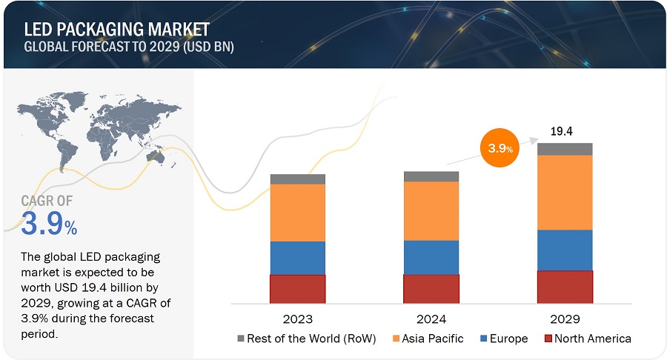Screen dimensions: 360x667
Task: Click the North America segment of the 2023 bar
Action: (x=297, y=288)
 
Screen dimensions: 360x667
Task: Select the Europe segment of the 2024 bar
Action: (x=431, y=257)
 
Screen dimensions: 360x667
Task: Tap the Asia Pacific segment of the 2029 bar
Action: (x=565, y=192)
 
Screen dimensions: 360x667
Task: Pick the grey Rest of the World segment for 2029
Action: (x=565, y=149)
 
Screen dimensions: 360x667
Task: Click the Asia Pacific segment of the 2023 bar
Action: (x=297, y=213)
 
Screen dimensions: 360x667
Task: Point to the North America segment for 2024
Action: (x=431, y=288)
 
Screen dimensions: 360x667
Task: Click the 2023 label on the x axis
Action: (x=297, y=319)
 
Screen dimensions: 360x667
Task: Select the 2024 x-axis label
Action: (x=431, y=319)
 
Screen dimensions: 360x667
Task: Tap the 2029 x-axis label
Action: (x=565, y=319)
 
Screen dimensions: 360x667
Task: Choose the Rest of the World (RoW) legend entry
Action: (x=307, y=339)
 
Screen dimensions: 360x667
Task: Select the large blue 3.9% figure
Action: (x=49, y=224)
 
